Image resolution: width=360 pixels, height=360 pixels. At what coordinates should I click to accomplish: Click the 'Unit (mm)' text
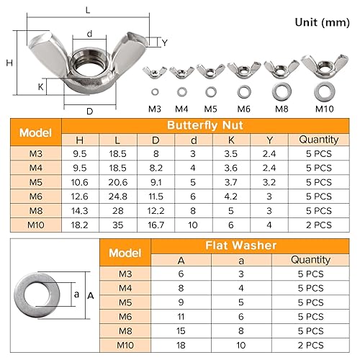point(322,23)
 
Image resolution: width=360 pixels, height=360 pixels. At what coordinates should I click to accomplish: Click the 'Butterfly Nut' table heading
point(205,125)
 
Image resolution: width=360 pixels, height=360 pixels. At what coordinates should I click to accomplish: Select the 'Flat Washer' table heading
point(241,246)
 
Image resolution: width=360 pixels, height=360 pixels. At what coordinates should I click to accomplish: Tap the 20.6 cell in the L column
point(118,182)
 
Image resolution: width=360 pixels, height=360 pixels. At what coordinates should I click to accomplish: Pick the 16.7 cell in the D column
point(156,225)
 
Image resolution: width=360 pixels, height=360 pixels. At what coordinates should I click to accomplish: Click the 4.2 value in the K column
point(231,197)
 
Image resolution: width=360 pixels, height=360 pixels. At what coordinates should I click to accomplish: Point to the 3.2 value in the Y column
point(269,182)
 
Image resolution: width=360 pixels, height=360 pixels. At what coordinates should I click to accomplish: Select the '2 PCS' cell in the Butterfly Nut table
point(319,225)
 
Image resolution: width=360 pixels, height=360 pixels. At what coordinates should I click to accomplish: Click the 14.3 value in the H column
point(80,211)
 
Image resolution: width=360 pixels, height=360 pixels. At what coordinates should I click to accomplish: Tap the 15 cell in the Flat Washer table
point(181,331)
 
